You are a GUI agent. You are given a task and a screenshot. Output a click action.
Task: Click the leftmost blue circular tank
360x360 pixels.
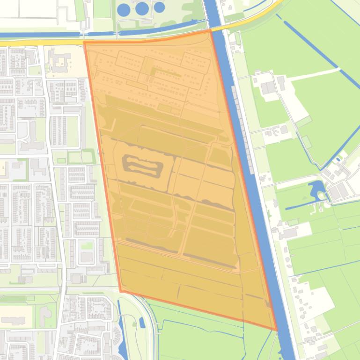(x=124, y=9)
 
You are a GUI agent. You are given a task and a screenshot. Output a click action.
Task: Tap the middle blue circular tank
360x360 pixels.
(x=142, y=8)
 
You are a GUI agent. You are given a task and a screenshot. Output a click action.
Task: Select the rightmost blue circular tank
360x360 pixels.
(x=159, y=7)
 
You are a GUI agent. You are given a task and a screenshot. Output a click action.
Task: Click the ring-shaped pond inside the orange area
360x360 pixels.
(x=142, y=165)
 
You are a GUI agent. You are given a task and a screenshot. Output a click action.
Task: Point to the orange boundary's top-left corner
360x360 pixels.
(x=85, y=43)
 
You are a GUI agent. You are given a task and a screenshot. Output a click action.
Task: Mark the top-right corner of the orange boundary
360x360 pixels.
(x=210, y=30)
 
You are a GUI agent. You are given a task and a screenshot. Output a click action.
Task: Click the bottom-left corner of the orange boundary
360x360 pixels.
(x=121, y=291)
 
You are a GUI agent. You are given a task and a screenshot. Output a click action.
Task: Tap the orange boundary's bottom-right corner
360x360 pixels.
(x=277, y=330)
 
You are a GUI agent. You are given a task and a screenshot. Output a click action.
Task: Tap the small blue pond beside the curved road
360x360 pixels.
(x=142, y=322)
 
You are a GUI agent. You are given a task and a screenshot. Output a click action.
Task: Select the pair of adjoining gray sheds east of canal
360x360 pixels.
(x=268, y=87)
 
